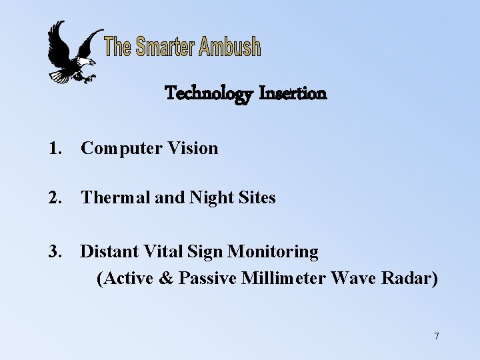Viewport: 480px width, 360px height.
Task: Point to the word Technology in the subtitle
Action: [x=209, y=94]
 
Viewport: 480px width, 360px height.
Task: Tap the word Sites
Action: [x=255, y=198]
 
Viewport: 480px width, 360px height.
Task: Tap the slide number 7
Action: [x=436, y=336]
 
